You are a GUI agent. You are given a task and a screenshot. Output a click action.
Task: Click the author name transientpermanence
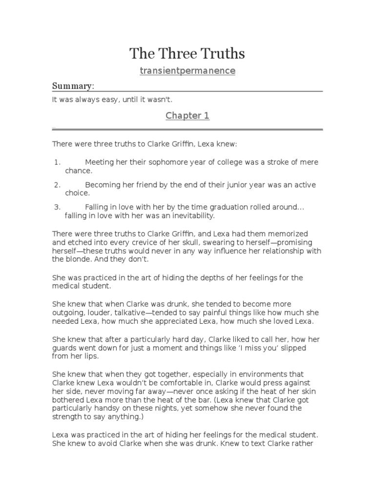(x=187, y=71)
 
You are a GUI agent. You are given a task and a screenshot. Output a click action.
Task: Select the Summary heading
(x=72, y=86)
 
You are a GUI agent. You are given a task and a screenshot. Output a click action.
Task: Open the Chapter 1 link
(x=187, y=116)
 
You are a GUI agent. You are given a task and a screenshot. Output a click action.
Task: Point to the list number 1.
(x=57, y=162)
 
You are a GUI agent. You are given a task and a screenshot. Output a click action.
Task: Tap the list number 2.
(x=57, y=185)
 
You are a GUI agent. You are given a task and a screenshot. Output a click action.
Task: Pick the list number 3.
(x=57, y=208)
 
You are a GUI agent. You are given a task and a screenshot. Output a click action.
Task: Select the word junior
(x=244, y=185)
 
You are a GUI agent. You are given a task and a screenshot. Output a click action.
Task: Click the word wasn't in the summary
(x=158, y=100)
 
